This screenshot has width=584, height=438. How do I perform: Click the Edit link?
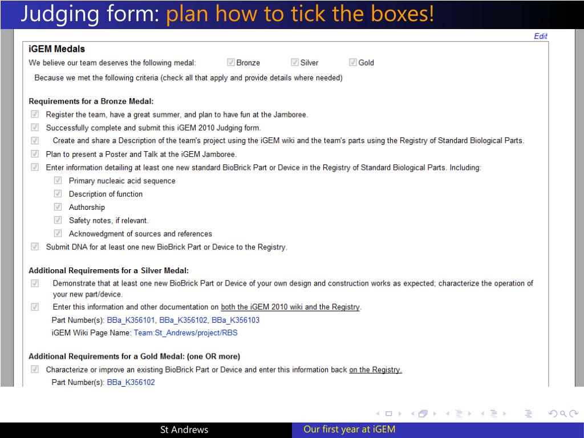[x=541, y=36]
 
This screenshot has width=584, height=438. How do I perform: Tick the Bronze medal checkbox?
[x=231, y=62]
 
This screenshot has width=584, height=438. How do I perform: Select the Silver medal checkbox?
[x=295, y=62]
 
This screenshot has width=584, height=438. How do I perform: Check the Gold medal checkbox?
[x=352, y=62]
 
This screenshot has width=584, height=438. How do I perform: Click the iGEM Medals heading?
[x=56, y=49]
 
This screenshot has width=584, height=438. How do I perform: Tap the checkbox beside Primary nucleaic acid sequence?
[x=58, y=180]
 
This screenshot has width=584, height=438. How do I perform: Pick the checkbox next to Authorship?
[x=58, y=206]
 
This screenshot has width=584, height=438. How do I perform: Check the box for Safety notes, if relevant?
[x=58, y=220]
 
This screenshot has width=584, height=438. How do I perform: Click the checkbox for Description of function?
[x=58, y=194]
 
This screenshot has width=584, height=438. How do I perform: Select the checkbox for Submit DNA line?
[x=35, y=246]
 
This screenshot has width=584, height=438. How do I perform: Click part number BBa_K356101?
[x=131, y=320]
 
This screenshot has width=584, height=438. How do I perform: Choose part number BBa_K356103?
[x=236, y=320]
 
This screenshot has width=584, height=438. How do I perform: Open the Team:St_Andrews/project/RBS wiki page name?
[x=185, y=332]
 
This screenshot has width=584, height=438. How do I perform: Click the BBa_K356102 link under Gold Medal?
[x=131, y=382]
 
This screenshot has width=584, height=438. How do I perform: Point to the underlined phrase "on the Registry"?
[x=375, y=370]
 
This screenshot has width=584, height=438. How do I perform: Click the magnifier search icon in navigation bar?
[x=563, y=413]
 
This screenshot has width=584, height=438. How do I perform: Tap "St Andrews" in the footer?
[x=184, y=430]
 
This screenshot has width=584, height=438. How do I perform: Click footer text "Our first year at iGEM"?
[x=350, y=429]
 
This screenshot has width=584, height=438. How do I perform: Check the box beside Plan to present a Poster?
[x=35, y=154]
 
